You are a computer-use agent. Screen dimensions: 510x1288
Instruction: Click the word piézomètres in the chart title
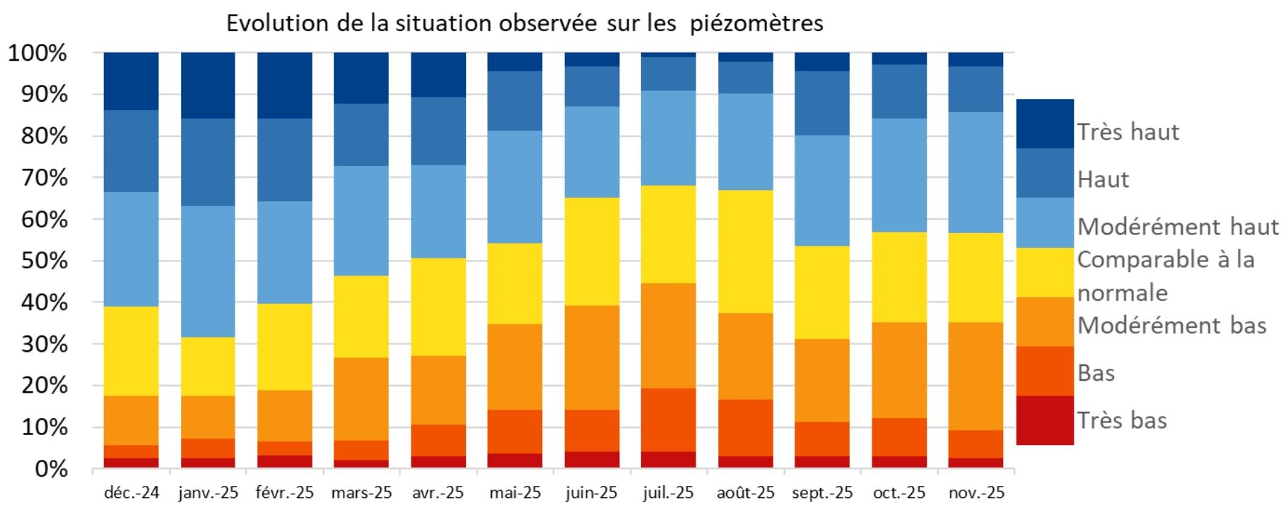(756, 23)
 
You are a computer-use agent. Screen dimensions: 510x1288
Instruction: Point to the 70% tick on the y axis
(37, 177)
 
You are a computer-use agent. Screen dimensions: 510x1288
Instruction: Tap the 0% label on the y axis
(51, 469)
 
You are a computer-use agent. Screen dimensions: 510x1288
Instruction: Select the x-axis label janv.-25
(208, 492)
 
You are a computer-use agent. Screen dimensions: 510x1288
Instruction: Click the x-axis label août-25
(745, 492)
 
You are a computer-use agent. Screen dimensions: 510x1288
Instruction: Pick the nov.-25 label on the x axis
(976, 492)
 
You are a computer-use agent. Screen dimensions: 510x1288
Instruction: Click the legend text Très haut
(1128, 132)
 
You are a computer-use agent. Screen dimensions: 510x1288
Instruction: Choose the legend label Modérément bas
(1171, 326)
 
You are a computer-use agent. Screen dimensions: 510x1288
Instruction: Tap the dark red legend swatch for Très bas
(1044, 420)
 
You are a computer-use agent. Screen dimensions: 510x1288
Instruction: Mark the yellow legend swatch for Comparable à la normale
(1044, 272)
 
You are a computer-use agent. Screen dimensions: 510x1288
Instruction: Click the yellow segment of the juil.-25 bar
(668, 234)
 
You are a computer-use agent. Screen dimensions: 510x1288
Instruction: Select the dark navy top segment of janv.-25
(208, 85)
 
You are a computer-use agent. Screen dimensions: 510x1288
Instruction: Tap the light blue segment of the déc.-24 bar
(131, 249)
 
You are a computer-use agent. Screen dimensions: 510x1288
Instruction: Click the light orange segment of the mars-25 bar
(361, 398)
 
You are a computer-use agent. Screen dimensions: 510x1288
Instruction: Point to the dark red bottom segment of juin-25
(592, 460)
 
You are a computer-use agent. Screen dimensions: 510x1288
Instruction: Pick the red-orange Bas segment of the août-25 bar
(745, 427)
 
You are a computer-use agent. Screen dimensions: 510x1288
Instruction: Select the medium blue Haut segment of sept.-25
(822, 102)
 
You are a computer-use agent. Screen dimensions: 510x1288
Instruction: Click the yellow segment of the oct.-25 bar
(898, 277)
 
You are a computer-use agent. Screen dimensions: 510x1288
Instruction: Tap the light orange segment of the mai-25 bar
(515, 367)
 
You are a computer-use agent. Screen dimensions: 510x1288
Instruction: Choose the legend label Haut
(1102, 179)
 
